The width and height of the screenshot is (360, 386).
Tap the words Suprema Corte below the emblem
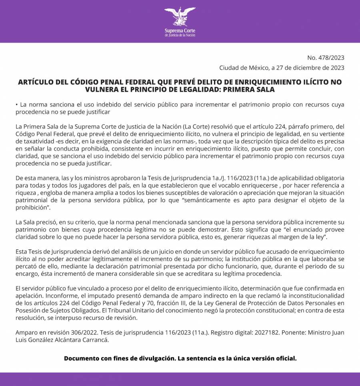tap(180, 30)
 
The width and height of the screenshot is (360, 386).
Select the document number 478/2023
tap(330, 57)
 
